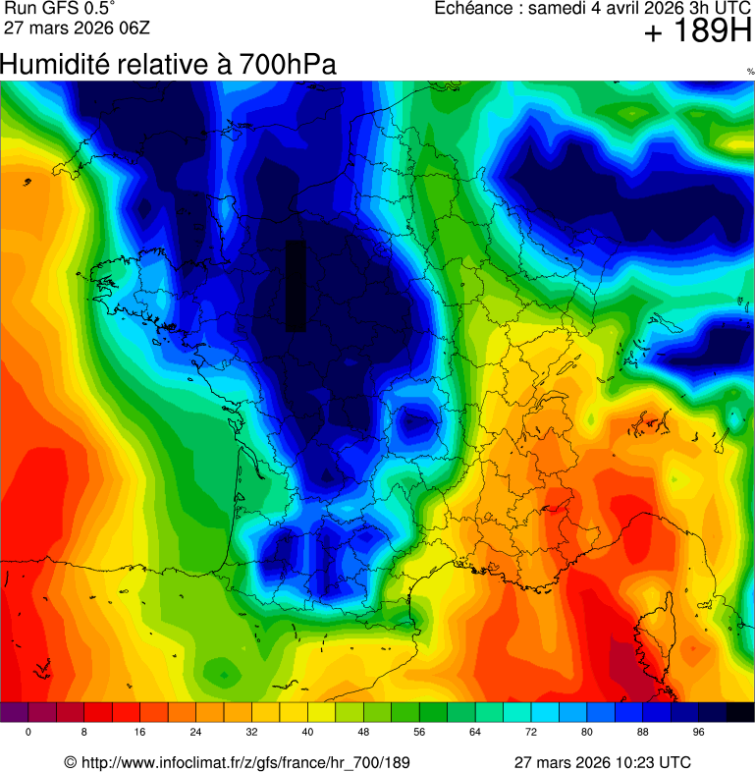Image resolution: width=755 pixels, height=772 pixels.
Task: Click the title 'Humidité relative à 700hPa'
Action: (168, 65)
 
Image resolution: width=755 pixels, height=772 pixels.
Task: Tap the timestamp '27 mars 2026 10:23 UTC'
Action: (602, 762)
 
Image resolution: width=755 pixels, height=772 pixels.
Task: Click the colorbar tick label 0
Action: (28, 733)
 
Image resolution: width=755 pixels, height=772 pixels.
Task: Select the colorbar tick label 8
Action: (84, 733)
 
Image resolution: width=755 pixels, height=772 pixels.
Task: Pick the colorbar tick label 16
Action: (140, 733)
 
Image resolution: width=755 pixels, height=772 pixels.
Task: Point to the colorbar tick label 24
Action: (196, 733)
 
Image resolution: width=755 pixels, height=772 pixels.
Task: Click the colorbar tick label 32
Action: (252, 733)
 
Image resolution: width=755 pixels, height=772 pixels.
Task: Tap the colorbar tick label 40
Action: (308, 733)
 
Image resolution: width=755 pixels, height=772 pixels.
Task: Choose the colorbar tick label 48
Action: (363, 733)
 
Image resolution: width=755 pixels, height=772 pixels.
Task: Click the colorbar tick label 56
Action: (419, 733)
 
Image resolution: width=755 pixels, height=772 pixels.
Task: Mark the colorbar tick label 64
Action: (475, 733)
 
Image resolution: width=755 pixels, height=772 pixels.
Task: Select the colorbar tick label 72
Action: (531, 733)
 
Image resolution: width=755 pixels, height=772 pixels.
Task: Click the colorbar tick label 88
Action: (643, 733)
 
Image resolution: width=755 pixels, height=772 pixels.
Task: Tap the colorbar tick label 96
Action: (699, 733)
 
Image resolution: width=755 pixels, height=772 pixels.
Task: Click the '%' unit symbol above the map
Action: (750, 72)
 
